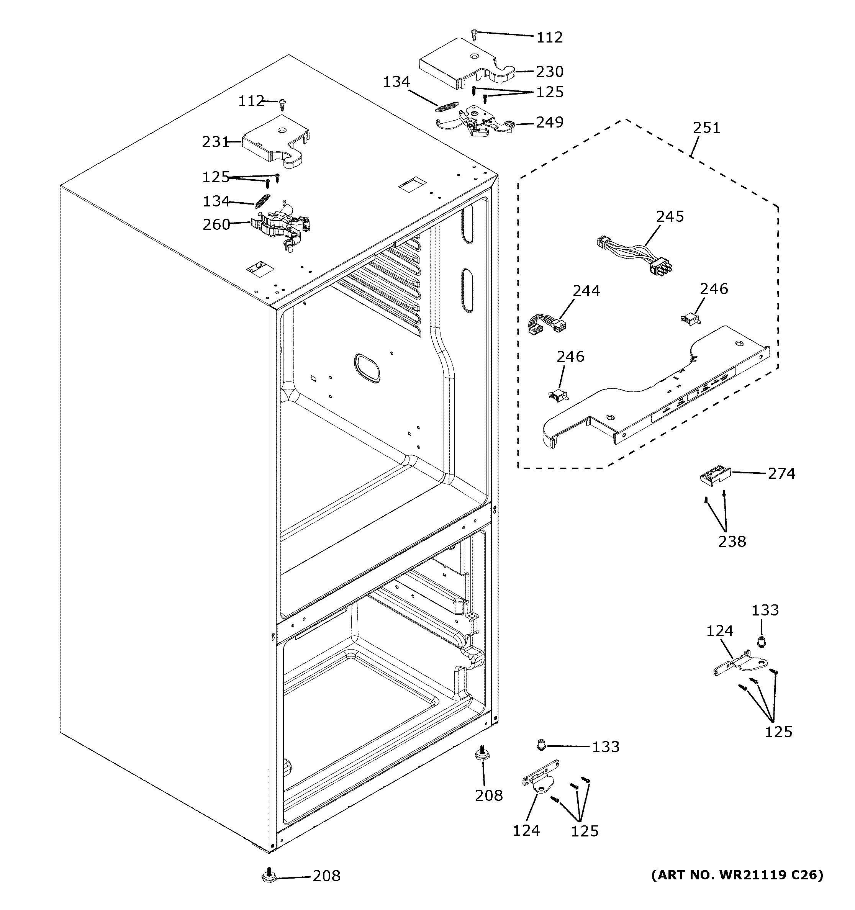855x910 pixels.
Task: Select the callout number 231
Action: tap(215, 142)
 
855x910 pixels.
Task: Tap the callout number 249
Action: tap(549, 122)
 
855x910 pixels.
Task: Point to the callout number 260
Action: tap(216, 224)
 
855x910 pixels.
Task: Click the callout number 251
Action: tap(706, 128)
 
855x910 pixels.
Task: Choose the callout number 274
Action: tap(781, 473)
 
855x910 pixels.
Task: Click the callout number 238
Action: tap(732, 541)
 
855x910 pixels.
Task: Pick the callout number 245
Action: tap(670, 216)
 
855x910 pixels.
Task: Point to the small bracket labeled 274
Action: tap(714, 476)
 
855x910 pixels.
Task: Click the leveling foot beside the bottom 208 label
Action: tap(269, 875)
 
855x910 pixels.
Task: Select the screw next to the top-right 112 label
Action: tap(474, 33)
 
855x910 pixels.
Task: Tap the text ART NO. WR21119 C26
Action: tap(737, 875)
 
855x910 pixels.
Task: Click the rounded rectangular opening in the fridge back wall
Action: tap(367, 368)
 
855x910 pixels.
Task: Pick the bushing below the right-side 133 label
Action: tap(761, 643)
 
